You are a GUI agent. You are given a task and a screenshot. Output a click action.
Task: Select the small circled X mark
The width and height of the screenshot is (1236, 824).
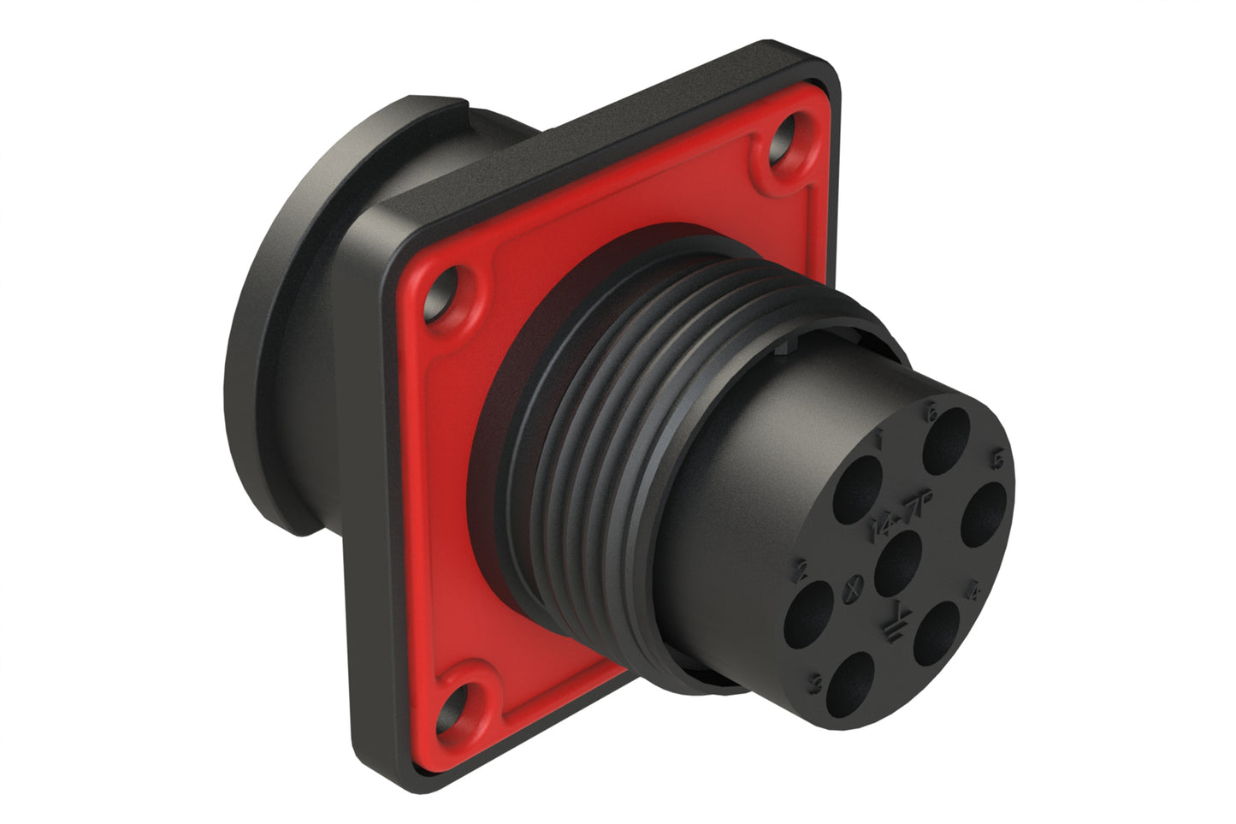point(849,588)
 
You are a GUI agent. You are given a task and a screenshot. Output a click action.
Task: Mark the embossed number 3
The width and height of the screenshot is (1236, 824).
point(817,684)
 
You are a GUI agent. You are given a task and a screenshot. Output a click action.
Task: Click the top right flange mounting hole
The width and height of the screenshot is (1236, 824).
point(781,151)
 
